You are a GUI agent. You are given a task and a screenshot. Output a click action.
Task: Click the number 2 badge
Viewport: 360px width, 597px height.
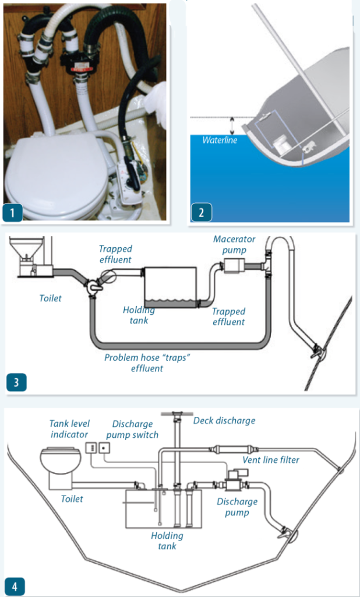point(202,212)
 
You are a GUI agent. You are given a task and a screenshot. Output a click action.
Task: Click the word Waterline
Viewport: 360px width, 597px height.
point(220,141)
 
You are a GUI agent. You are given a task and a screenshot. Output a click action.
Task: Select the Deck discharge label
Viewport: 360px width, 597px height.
point(224,420)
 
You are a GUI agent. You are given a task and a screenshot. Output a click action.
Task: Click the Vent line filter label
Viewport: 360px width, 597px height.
point(271,460)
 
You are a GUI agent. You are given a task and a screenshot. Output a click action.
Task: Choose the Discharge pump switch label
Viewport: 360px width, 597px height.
point(132,429)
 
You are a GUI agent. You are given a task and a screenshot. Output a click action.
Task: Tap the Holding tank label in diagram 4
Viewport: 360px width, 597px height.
point(167,540)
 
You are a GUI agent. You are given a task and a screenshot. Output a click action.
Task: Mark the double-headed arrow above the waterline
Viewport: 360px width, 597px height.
point(232,124)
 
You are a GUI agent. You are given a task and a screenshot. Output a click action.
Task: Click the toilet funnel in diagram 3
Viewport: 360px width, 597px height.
point(28,248)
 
